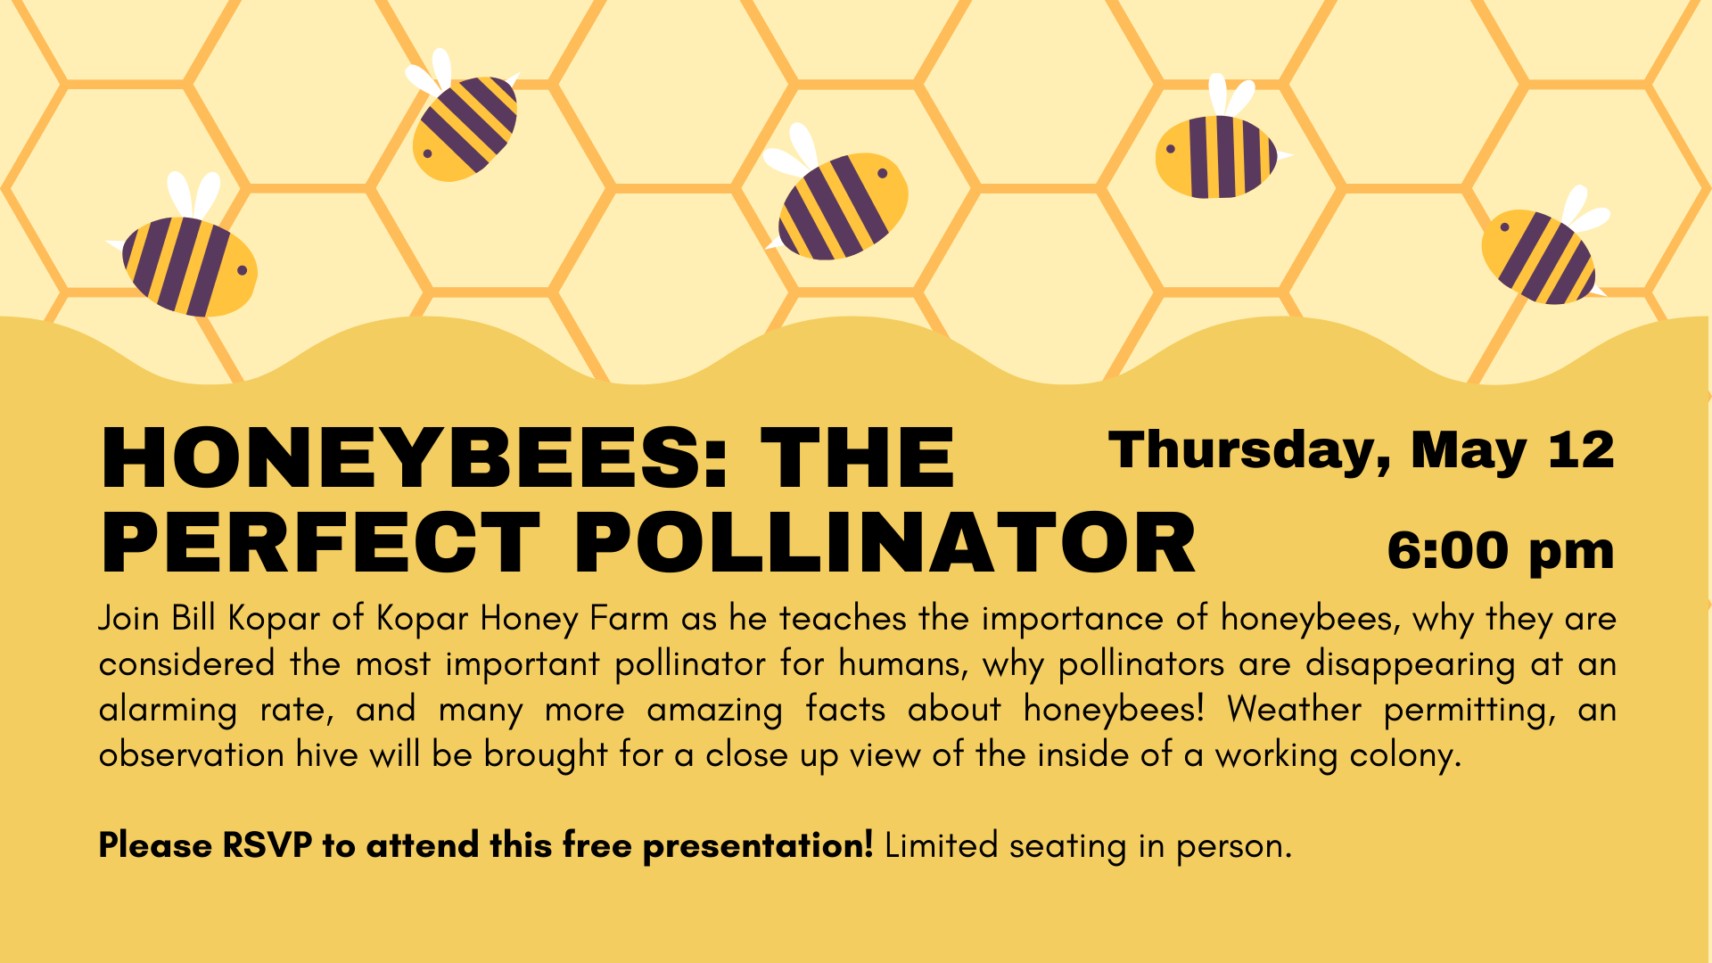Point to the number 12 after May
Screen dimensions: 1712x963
pos(1581,450)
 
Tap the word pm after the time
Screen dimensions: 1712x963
pos(1571,554)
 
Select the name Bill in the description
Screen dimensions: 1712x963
pos(193,618)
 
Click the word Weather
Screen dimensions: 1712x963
pos(1294,710)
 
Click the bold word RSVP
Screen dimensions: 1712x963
pos(267,845)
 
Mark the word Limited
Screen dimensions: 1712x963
pos(941,845)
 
